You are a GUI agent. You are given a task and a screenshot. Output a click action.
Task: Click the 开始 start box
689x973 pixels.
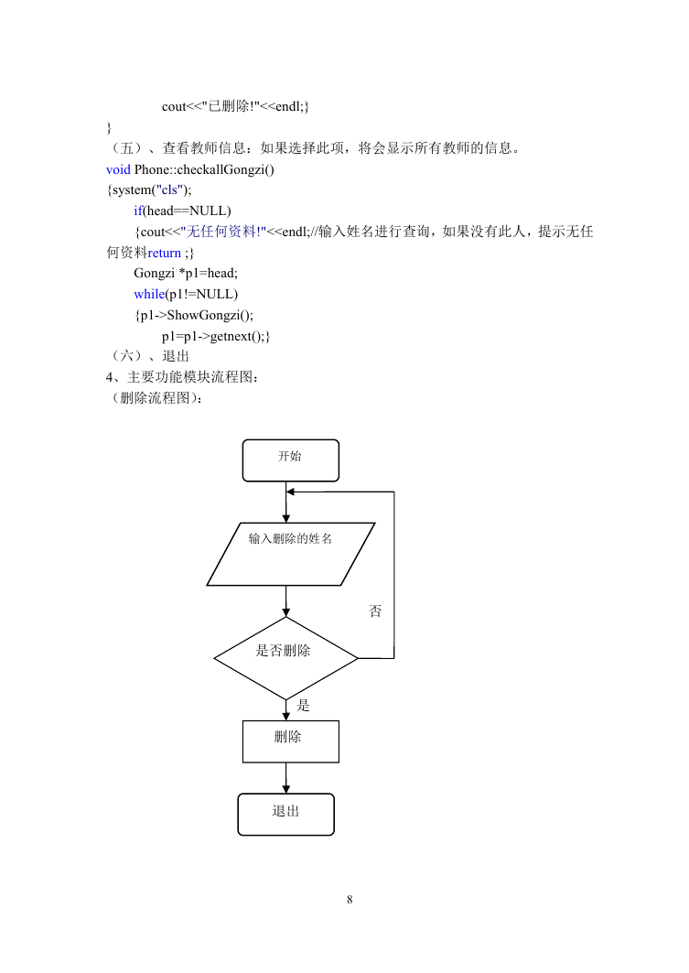290,460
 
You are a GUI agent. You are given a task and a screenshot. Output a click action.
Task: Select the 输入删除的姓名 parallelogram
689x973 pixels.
290,554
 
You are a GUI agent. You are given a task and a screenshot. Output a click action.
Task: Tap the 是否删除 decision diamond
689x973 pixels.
285,658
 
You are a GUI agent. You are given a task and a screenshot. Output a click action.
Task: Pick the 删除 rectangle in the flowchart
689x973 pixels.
290,741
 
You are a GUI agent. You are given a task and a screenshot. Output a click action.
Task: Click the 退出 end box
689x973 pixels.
285,814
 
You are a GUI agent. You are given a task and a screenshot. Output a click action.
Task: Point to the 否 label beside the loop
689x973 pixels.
375,611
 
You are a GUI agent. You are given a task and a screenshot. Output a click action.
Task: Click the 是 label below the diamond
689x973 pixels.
303,705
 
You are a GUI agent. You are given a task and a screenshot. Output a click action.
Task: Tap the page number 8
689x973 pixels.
350,900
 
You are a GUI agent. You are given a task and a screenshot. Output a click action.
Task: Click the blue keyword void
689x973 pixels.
118,169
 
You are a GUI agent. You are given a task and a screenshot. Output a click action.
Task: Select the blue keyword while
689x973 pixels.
149,294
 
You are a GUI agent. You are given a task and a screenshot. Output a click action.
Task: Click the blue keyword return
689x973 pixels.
165,253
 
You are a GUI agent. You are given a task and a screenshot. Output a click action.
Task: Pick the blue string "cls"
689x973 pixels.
169,189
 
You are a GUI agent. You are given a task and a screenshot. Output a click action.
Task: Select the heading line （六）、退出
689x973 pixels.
147,356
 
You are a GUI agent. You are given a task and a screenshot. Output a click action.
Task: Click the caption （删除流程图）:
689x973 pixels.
155,398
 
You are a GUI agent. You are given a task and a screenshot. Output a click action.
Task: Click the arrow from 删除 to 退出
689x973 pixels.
285,778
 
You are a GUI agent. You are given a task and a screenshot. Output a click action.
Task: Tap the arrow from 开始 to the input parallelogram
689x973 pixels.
285,502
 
